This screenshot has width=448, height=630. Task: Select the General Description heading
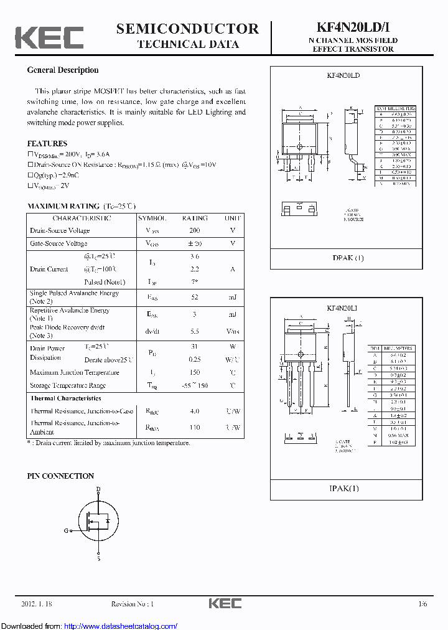pyautogui.click(x=63, y=70)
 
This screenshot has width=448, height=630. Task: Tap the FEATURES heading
pyautogui.click(x=47, y=143)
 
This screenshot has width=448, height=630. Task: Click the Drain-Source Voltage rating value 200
pyautogui.click(x=194, y=230)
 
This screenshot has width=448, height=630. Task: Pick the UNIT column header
pyautogui.click(x=232, y=219)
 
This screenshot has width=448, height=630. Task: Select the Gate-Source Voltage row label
pyautogui.click(x=58, y=243)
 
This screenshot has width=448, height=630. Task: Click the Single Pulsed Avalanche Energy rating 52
pyautogui.click(x=194, y=297)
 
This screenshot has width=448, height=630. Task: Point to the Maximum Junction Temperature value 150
pyautogui.click(x=194, y=372)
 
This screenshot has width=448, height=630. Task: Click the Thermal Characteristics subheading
pyautogui.click(x=65, y=398)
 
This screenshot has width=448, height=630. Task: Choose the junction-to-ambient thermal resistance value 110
pyautogui.click(x=194, y=428)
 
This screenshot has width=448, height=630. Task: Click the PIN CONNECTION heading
pyautogui.click(x=60, y=476)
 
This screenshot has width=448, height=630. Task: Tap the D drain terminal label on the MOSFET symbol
pyautogui.click(x=98, y=490)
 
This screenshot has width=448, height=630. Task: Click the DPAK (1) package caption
pyautogui.click(x=348, y=258)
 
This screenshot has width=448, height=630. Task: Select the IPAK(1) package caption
pyautogui.click(x=344, y=489)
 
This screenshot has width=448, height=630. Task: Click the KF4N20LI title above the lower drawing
pyautogui.click(x=343, y=308)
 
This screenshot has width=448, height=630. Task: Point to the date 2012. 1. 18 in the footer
pyautogui.click(x=37, y=604)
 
